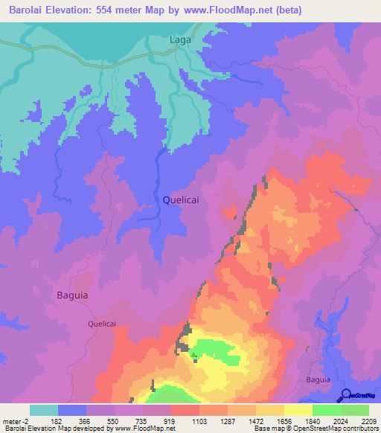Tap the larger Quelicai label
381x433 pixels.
(x=182, y=199)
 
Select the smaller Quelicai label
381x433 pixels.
(x=102, y=324)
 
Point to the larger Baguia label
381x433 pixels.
(x=72, y=295)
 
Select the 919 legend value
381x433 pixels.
(x=170, y=420)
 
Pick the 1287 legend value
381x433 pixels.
(x=227, y=420)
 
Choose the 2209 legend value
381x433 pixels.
(x=368, y=420)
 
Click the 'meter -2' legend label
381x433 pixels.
(x=16, y=420)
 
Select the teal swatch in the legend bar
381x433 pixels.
(x=44, y=410)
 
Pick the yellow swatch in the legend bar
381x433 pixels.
(x=298, y=410)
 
